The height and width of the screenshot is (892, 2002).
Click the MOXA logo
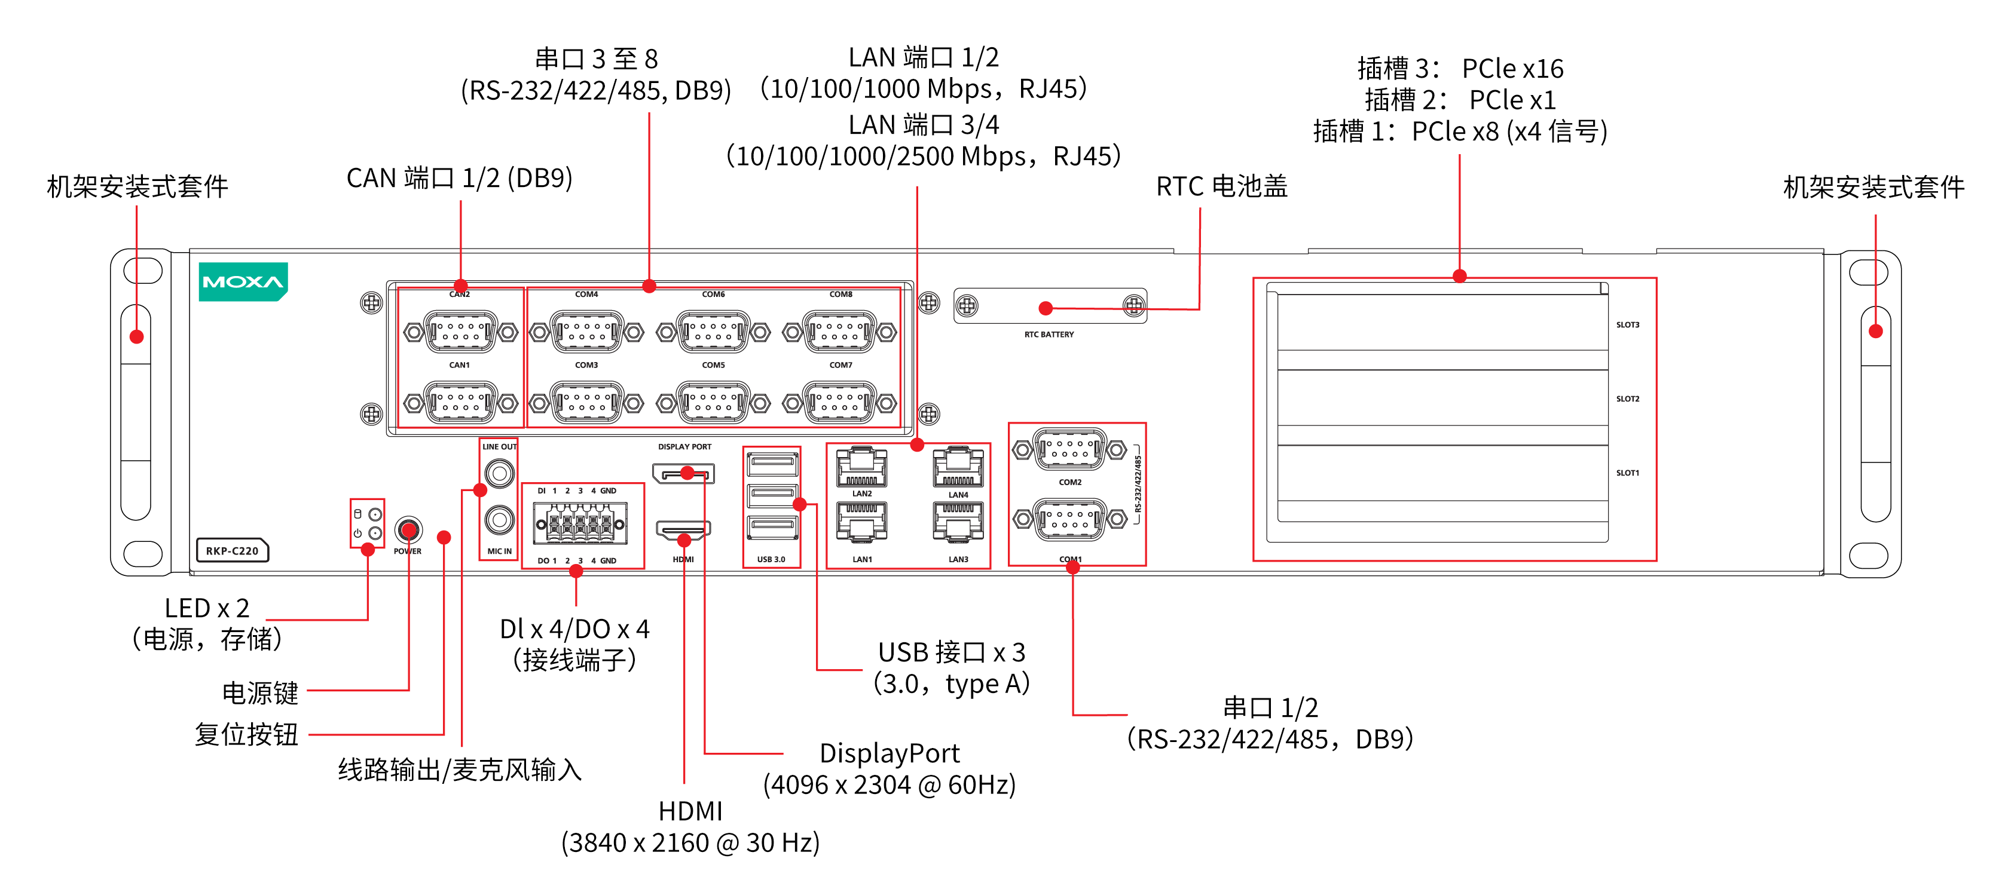pyautogui.click(x=243, y=281)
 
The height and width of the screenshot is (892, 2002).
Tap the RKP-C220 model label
pyautogui.click(x=231, y=551)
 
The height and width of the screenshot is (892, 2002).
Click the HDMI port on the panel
pyautogui.click(x=683, y=531)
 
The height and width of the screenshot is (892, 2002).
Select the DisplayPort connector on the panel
pyautogui.click(x=683, y=473)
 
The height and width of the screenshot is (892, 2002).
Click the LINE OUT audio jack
pyautogui.click(x=499, y=473)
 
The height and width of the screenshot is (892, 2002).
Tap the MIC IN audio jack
pyautogui.click(x=499, y=519)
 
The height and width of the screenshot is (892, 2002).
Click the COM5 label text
pyautogui.click(x=713, y=365)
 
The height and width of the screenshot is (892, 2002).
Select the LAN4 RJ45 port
pyautogui.click(x=958, y=468)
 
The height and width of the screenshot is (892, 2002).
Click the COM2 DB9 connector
pyautogui.click(x=1069, y=450)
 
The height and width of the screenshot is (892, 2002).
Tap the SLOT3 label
pyautogui.click(x=1627, y=325)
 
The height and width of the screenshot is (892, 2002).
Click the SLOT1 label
pyautogui.click(x=1627, y=473)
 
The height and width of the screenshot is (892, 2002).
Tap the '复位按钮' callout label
pyautogui.click(x=246, y=734)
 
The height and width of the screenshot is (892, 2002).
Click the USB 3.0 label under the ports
pyautogui.click(x=771, y=559)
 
